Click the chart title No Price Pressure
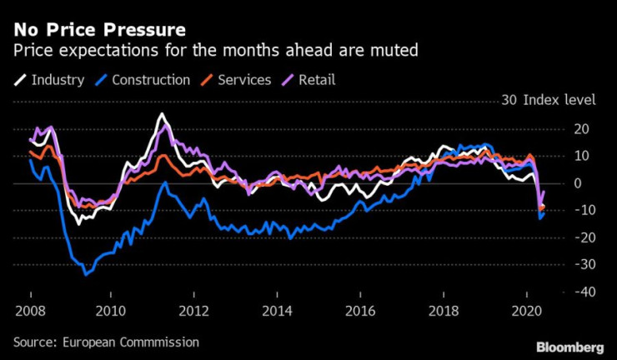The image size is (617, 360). click(x=99, y=31)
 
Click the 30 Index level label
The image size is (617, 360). click(x=548, y=101)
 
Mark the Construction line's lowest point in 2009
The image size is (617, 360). click(x=84, y=273)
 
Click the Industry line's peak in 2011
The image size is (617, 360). click(x=162, y=114)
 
